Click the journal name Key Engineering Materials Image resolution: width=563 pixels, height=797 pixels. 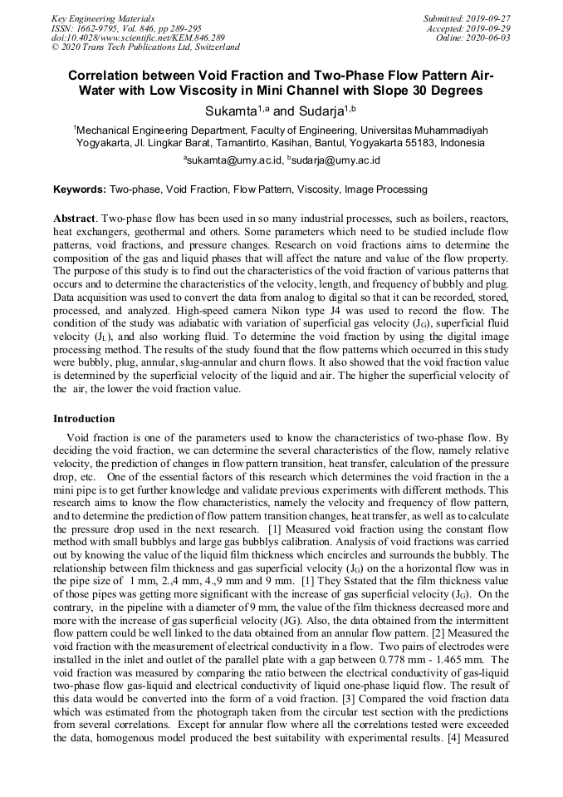click(x=103, y=17)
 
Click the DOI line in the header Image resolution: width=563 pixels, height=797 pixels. click(x=138, y=37)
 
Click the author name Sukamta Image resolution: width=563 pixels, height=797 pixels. click(x=232, y=111)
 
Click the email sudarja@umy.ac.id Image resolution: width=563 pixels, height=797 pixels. click(x=335, y=160)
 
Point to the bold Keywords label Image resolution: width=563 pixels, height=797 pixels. click(x=80, y=189)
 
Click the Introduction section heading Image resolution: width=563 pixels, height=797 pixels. click(x=84, y=419)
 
